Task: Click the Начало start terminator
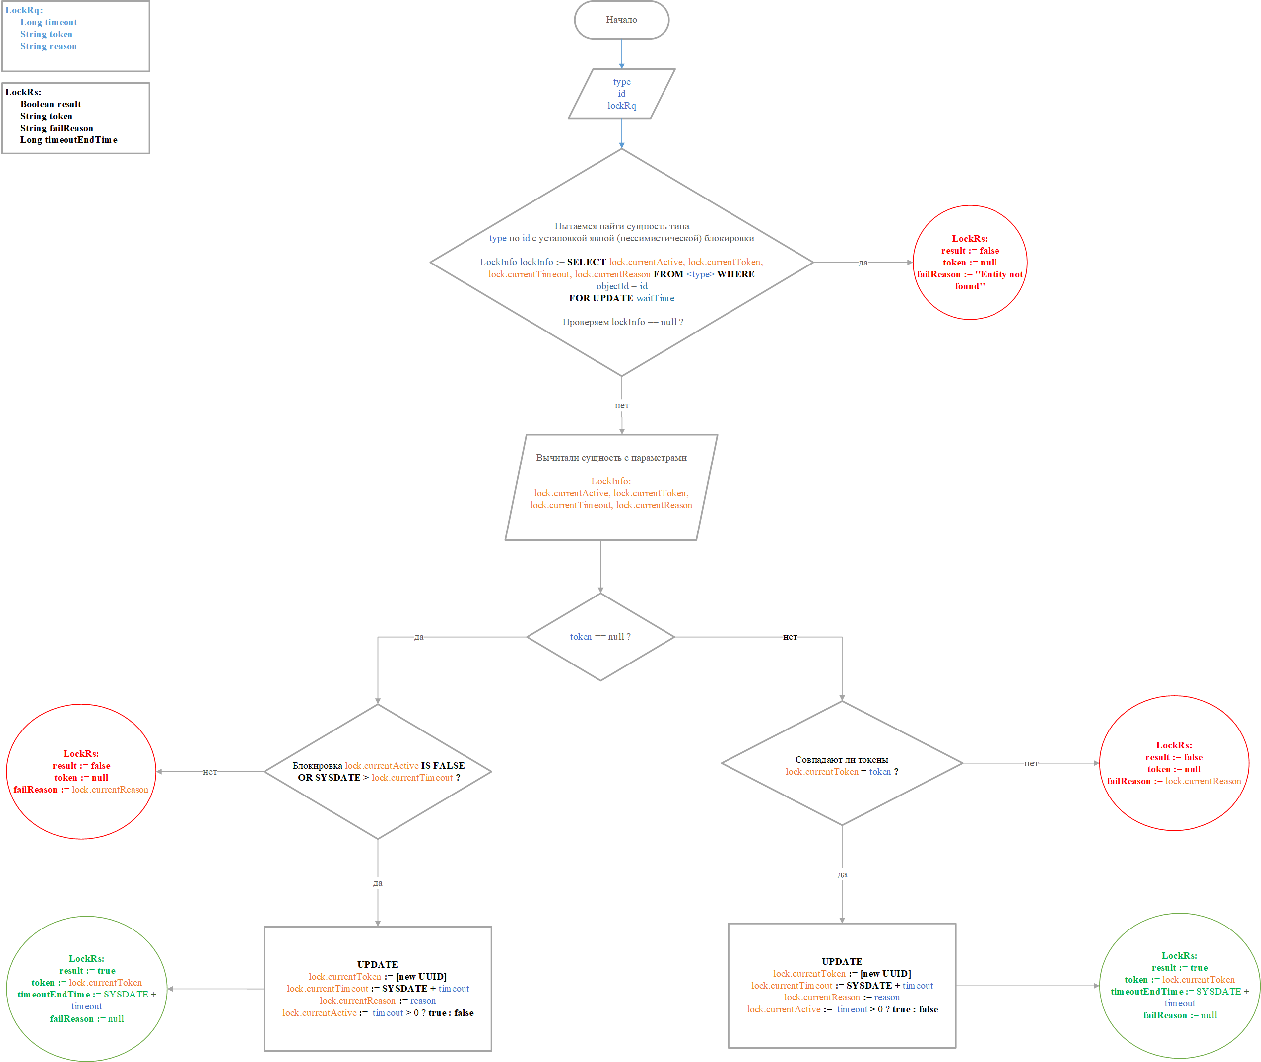click(x=621, y=20)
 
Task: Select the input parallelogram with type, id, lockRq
click(x=621, y=94)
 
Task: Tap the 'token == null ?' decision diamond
click(x=600, y=637)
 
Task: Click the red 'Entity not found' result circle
click(x=970, y=263)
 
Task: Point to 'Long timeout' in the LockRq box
click(x=49, y=22)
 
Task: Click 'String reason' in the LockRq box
click(x=48, y=46)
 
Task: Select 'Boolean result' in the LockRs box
click(x=51, y=104)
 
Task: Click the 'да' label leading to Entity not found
click(x=863, y=263)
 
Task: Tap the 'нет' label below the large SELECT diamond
click(x=622, y=406)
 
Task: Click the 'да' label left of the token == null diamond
click(x=419, y=637)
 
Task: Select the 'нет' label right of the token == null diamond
click(x=790, y=637)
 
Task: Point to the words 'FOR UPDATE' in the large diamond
click(x=600, y=298)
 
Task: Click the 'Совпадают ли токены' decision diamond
click(x=842, y=763)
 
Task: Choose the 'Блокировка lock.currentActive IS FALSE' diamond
click(x=378, y=772)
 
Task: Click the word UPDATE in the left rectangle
click(x=377, y=964)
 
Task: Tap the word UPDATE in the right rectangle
click(x=842, y=961)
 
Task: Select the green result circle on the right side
click(x=1179, y=986)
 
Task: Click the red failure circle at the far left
click(x=81, y=772)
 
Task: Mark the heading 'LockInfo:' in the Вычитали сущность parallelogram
click(x=611, y=481)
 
